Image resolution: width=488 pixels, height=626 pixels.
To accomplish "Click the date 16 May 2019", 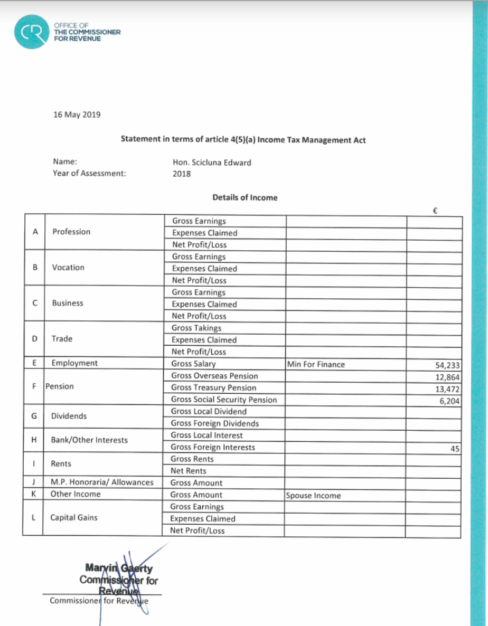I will [77, 114].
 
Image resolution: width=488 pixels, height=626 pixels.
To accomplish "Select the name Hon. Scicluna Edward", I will [212, 162].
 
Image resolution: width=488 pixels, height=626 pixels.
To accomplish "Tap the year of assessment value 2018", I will [181, 174].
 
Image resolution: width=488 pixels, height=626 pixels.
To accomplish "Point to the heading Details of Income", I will [245, 197].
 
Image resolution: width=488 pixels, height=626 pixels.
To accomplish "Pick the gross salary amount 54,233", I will [446, 365].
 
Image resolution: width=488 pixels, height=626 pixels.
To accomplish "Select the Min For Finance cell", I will [316, 364].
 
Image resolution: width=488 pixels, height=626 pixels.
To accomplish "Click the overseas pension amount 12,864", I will [446, 377].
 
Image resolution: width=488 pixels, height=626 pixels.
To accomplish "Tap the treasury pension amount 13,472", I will [446, 389].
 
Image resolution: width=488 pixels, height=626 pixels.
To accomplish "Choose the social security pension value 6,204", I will [448, 401].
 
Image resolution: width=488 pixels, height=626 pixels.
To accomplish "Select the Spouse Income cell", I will [313, 496].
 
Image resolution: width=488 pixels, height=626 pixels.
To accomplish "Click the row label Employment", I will [74, 363].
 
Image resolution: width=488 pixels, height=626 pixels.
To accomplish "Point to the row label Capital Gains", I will [74, 517].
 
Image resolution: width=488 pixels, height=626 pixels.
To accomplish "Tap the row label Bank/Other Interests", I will [89, 440].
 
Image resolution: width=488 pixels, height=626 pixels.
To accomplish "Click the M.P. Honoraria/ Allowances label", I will [102, 482].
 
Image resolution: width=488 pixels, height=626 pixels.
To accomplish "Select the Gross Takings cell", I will [196, 328].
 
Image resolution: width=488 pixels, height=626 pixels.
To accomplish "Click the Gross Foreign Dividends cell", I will [215, 423].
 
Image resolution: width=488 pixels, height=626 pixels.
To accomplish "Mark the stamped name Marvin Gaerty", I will [119, 568].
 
